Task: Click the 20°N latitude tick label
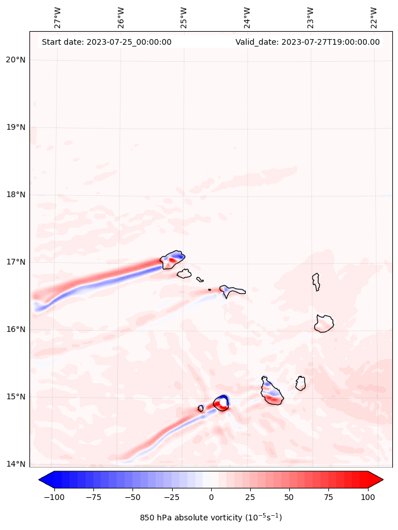[x=15, y=60]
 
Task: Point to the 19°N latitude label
[x=15, y=127]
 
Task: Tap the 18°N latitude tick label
[x=15, y=195]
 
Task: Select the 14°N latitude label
[x=15, y=464]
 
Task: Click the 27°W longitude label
[x=58, y=18]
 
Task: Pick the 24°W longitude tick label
[x=247, y=18]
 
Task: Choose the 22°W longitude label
[x=374, y=18]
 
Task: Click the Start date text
[x=106, y=42]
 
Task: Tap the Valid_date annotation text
[x=307, y=42]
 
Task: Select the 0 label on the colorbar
[x=211, y=497]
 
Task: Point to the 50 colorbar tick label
[x=289, y=497]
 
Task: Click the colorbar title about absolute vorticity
[x=211, y=518]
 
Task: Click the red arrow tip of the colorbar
[x=379, y=480]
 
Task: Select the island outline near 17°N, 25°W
[x=173, y=259]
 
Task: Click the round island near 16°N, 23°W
[x=324, y=323]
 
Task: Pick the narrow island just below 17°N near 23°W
[x=316, y=281]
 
